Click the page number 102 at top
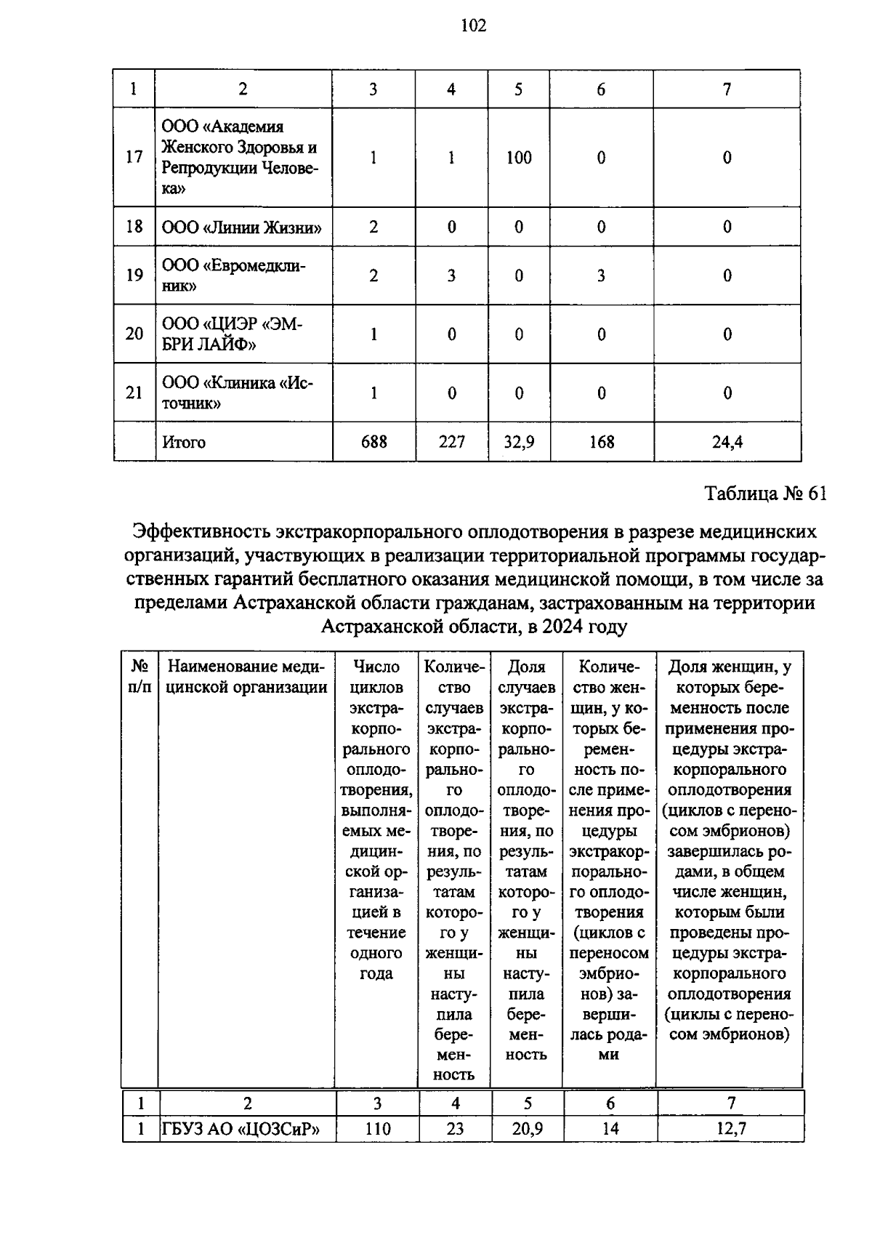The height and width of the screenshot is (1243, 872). pos(473,27)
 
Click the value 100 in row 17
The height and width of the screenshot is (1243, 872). pos(519,158)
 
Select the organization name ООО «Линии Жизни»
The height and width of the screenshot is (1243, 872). pos(242,227)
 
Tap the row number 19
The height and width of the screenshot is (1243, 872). pos(134,275)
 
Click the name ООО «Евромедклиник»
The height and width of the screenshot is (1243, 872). pos(233,275)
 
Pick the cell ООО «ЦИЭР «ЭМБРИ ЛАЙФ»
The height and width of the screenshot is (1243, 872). pos(230,334)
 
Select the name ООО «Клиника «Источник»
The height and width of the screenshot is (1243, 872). pos(237,393)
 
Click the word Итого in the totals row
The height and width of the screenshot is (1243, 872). pos(184,442)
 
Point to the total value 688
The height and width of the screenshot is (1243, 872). pos(374,442)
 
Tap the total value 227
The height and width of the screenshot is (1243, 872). pos(451,442)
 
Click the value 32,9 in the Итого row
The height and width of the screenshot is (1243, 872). pos(519,442)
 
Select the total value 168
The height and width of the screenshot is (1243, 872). pos(601,442)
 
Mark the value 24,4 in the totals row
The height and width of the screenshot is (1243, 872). pos(727,442)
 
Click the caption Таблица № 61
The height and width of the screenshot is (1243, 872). pos(766,494)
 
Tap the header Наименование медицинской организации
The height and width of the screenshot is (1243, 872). pos(247,677)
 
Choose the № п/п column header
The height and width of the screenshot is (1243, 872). pos(140,677)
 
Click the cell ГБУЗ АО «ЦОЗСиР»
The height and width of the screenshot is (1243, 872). pos(241,1129)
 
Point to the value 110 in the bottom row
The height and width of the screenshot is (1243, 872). pos(377,1129)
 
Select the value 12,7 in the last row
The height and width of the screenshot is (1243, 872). pos(731,1129)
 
